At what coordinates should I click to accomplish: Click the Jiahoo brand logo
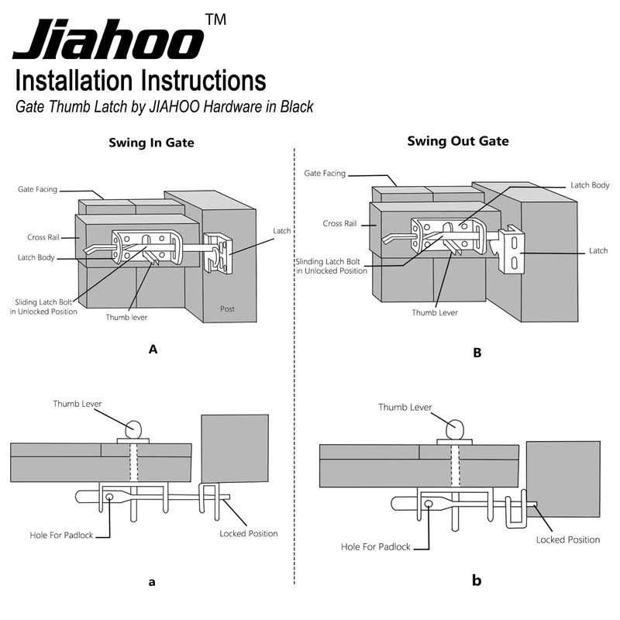click(108, 40)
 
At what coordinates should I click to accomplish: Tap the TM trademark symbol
click(216, 19)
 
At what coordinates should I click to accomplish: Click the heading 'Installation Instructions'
click(140, 81)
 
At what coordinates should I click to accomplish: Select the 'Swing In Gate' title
click(153, 143)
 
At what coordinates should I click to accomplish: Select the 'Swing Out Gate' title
click(458, 141)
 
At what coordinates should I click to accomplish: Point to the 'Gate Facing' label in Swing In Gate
click(37, 189)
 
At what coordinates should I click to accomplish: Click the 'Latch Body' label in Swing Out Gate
click(590, 185)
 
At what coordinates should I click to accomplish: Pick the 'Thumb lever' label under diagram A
click(127, 316)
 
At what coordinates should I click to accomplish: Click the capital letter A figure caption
click(153, 350)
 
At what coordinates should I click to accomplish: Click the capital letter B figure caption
click(477, 353)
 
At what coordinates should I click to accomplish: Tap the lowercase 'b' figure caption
click(477, 580)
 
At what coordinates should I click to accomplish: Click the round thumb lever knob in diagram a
click(134, 428)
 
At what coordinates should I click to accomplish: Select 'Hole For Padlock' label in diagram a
click(59, 534)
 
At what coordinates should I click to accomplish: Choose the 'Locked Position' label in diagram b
click(567, 539)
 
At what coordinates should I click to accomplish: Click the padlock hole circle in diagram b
click(429, 504)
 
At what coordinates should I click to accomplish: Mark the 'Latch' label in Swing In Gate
click(283, 231)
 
